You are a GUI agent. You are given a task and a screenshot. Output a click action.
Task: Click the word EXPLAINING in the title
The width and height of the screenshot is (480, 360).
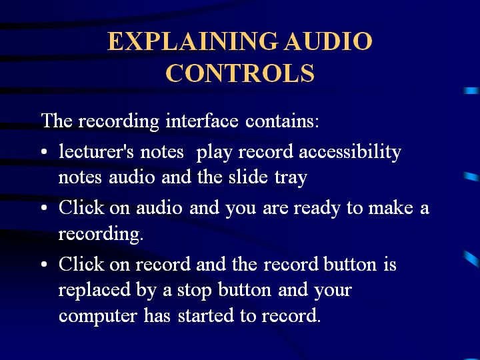193,41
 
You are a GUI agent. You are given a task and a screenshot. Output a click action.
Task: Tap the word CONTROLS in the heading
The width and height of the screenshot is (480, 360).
240,73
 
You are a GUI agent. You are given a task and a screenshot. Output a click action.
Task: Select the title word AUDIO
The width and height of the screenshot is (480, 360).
328,41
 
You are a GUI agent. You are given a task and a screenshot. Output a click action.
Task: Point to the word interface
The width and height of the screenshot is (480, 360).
202,120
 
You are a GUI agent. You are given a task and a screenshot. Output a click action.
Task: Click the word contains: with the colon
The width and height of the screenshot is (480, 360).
282,121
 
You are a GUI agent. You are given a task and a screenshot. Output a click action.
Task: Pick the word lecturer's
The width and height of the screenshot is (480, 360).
96,151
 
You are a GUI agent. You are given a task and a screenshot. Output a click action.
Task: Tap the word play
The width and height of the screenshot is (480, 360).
214,153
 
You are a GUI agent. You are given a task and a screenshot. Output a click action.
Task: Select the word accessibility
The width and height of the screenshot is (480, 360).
350,152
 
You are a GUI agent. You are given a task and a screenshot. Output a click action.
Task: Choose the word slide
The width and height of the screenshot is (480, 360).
248,177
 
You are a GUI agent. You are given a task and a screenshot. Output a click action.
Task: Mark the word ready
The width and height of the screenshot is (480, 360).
317,208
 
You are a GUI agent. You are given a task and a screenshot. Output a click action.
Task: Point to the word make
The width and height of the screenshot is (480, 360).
391,207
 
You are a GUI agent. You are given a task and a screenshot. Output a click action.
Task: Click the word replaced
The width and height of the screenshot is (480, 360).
95,289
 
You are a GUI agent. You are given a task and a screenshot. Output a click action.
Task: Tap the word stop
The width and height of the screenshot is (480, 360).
195,290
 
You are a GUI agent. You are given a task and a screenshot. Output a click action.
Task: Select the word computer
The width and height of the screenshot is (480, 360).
97,316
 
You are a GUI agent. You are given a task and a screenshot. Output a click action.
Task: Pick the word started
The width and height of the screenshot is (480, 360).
206,315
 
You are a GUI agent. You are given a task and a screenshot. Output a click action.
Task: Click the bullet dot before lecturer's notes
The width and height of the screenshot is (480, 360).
44,152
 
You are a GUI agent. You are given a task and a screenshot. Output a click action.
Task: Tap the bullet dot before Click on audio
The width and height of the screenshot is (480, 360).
44,208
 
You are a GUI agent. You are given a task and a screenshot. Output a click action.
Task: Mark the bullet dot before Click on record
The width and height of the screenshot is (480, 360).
44,264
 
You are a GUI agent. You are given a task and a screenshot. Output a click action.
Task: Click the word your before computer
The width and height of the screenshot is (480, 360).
333,291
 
